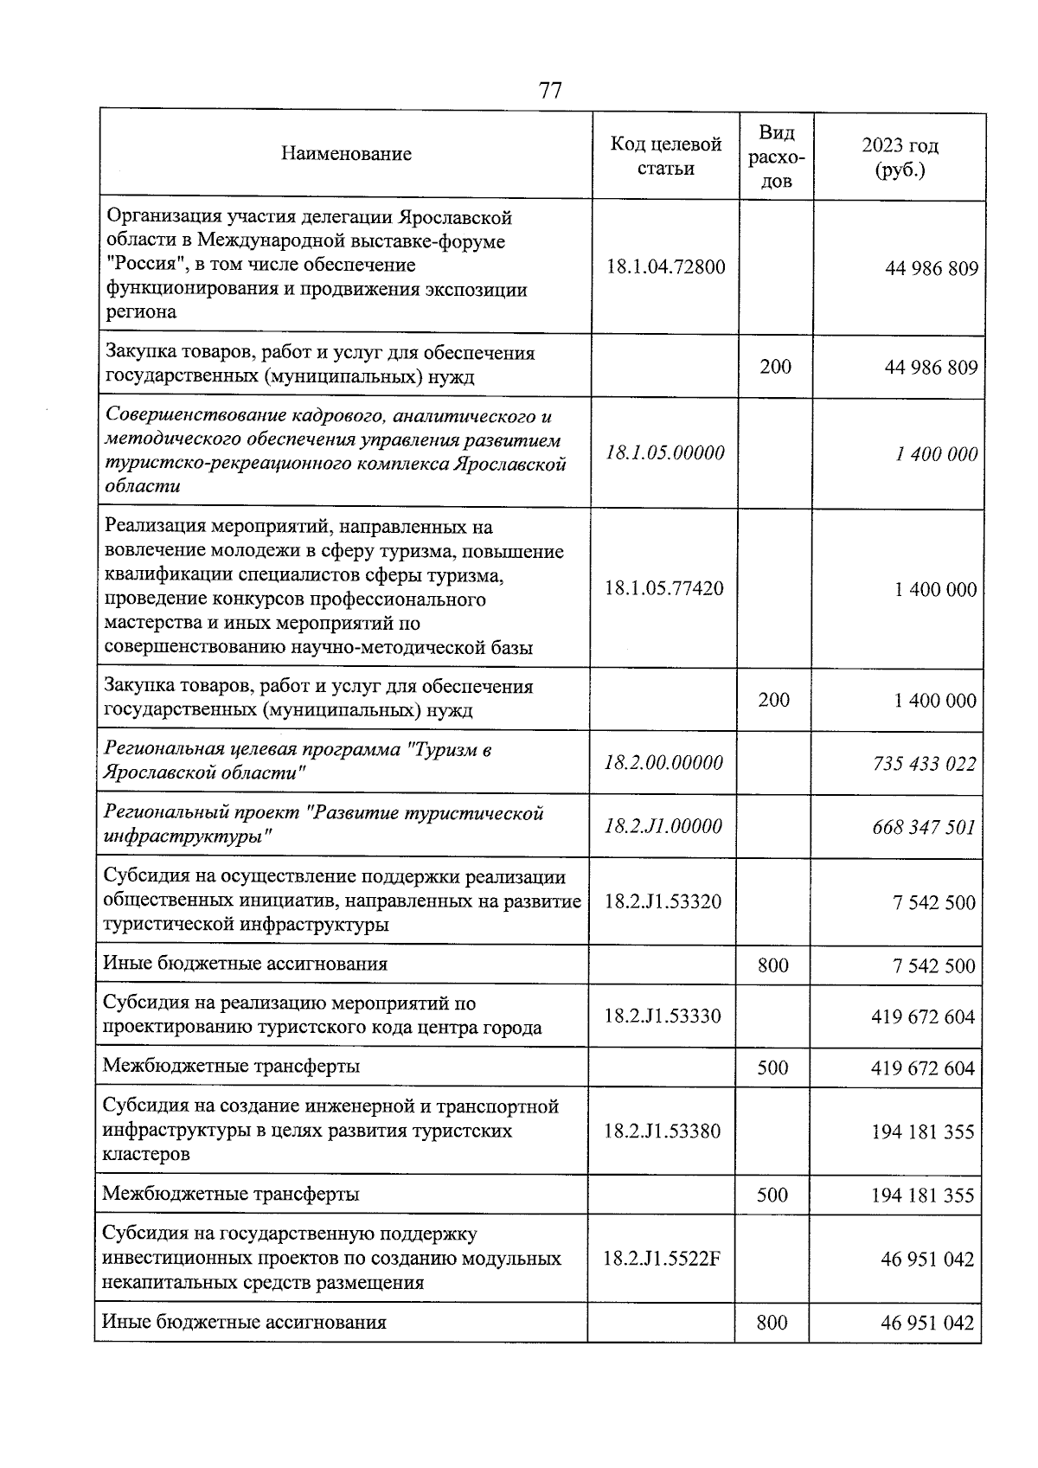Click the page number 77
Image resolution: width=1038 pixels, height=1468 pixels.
pyautogui.click(x=550, y=91)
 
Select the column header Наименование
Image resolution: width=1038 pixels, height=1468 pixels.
pyautogui.click(x=346, y=154)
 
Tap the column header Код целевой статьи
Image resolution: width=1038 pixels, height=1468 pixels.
pyautogui.click(x=665, y=156)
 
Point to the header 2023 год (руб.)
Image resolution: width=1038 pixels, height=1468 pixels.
pyautogui.click(x=900, y=157)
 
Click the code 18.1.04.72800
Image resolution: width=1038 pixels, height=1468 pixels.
pyautogui.click(x=665, y=266)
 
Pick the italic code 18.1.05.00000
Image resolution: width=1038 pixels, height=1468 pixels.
pyautogui.click(x=664, y=452)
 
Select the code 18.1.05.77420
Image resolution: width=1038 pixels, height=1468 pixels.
pyautogui.click(x=663, y=588)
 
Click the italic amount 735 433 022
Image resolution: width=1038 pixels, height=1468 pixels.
pyautogui.click(x=924, y=764)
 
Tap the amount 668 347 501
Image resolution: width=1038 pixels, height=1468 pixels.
pyautogui.click(x=924, y=827)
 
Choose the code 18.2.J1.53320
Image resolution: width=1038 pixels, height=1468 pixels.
pyautogui.click(x=663, y=901)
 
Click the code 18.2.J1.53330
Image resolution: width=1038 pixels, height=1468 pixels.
pyautogui.click(x=663, y=1016)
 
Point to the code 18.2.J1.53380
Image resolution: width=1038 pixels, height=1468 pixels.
pyautogui.click(x=663, y=1131)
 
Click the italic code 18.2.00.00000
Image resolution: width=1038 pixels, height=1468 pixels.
pyautogui.click(x=663, y=763)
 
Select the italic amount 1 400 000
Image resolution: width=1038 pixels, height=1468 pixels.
pyautogui.click(x=937, y=454)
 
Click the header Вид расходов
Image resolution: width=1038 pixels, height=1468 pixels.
pyautogui.click(x=776, y=157)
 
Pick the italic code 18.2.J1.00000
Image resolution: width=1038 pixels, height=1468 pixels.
pyautogui.click(x=663, y=826)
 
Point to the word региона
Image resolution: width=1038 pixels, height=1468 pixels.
pyautogui.click(x=140, y=312)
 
